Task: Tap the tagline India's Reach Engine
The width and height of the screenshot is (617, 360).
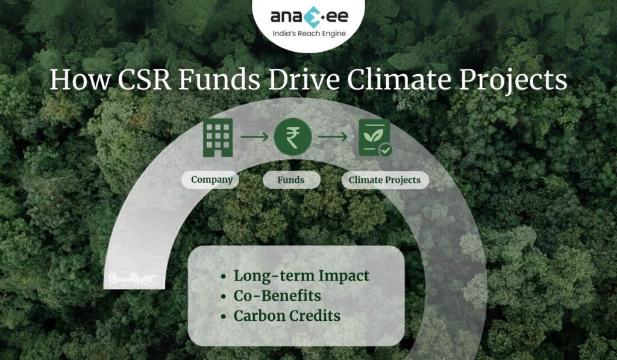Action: tap(308, 34)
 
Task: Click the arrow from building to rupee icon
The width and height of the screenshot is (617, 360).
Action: tap(254, 137)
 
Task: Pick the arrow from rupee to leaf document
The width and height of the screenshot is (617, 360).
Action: tap(333, 137)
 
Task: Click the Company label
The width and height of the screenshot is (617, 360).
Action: tap(211, 180)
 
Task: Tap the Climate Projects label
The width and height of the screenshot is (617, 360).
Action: tap(384, 180)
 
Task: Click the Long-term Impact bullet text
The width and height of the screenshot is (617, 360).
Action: tap(301, 276)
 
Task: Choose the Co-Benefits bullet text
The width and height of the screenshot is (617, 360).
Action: tap(277, 295)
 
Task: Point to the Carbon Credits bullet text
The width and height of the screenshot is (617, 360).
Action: tap(287, 315)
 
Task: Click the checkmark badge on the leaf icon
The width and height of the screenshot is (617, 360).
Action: tap(385, 150)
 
